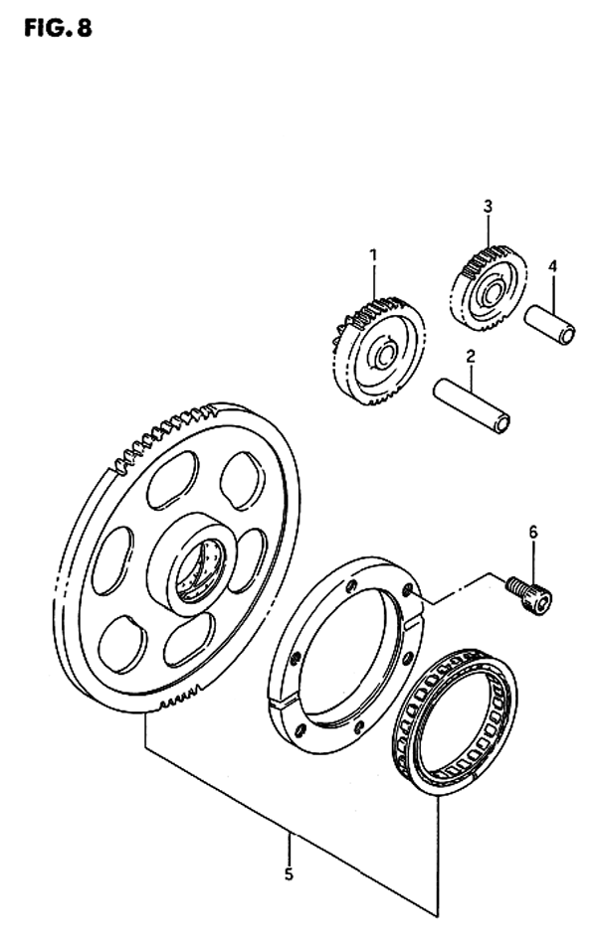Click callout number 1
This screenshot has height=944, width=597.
point(374,256)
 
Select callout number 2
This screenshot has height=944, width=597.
point(470,356)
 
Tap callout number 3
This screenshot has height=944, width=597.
point(488,207)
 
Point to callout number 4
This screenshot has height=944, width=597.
point(552,265)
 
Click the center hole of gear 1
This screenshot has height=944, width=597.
point(384,353)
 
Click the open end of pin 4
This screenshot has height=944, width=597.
point(565,335)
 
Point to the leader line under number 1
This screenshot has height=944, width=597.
point(374,283)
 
